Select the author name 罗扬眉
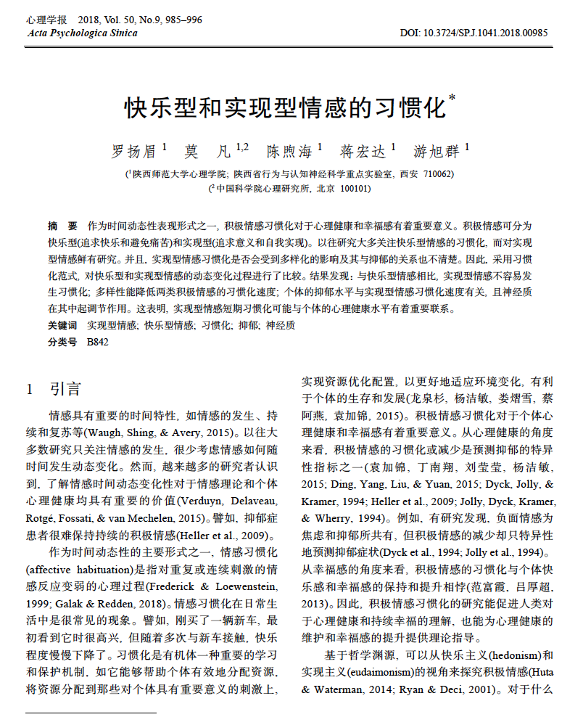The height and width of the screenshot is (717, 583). tap(133, 152)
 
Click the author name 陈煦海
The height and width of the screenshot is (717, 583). tap(289, 152)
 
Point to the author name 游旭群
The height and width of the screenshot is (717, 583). tap(437, 152)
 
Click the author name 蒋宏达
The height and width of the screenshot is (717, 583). tap(363, 152)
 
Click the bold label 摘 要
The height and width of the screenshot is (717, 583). tap(62, 226)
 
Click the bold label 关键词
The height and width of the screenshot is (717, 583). tap(62, 325)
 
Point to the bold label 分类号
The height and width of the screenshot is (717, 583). tap(62, 341)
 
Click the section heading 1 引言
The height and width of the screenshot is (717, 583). tap(54, 390)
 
